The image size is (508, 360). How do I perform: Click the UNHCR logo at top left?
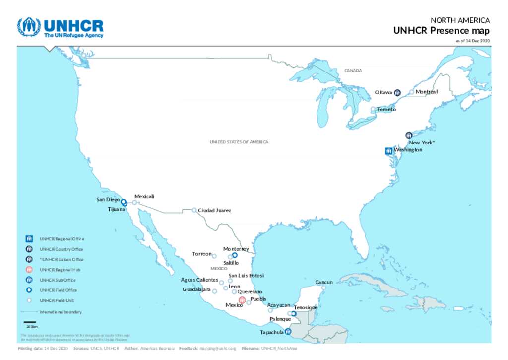61,28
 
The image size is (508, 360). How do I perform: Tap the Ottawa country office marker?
398,92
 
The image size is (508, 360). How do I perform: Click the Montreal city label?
426,92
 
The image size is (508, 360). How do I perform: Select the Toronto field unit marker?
373,109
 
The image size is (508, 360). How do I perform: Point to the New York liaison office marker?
409,135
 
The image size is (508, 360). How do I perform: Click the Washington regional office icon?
388,151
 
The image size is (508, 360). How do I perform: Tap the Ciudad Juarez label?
214,211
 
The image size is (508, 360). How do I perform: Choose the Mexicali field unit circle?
134,202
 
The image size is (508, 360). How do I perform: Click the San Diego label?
108,199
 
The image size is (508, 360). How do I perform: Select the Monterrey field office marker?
235,255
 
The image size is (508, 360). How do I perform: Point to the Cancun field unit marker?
323,288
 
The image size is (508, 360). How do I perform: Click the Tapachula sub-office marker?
288,332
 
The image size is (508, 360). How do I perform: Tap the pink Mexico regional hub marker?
242,300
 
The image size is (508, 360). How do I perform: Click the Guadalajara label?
196,289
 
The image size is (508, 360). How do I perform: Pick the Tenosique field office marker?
294,313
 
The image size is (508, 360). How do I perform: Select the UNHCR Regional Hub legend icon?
29,270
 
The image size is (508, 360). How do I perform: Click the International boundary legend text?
61,312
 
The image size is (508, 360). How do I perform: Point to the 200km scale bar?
29,323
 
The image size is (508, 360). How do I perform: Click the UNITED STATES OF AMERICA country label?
239,142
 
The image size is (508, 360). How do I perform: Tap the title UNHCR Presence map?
441,31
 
